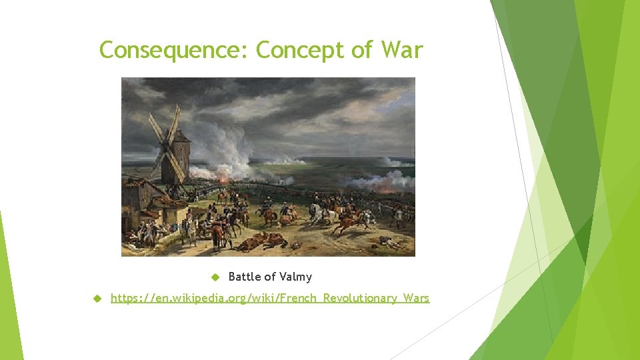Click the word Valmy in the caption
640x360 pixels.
(295, 277)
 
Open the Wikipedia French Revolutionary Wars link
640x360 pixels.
(270, 298)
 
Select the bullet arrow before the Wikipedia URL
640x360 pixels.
(96, 298)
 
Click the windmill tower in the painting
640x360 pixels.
(179, 160)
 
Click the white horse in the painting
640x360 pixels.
(319, 213)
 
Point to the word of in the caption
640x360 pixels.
(269, 277)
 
